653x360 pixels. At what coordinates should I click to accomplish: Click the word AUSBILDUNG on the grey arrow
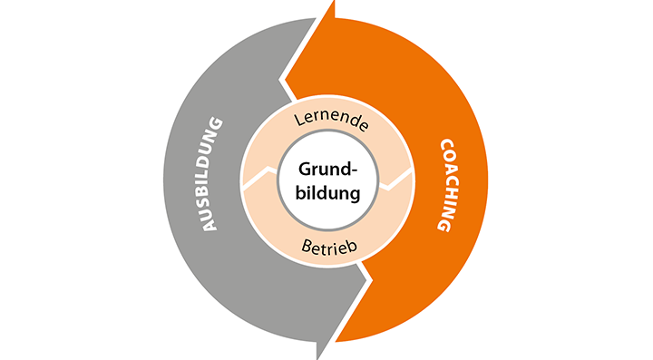pyautogui.click(x=212, y=174)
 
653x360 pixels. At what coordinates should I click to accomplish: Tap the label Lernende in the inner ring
pyautogui.click(x=332, y=121)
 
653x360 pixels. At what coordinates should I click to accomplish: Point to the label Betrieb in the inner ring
pyautogui.click(x=329, y=247)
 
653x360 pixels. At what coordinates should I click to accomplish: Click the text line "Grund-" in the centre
pyautogui.click(x=327, y=170)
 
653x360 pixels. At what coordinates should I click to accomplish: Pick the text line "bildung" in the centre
pyautogui.click(x=327, y=193)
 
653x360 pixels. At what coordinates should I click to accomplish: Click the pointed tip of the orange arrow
pyautogui.click(x=334, y=2)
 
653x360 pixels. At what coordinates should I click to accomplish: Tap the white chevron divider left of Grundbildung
pyautogui.click(x=260, y=177)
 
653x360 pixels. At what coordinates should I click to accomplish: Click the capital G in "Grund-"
pyautogui.click(x=305, y=170)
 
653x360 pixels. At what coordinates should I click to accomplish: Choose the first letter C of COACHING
pyautogui.click(x=447, y=146)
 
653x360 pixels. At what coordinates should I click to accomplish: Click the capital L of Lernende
pyautogui.click(x=298, y=120)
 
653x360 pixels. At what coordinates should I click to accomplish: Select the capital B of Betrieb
pyautogui.click(x=307, y=245)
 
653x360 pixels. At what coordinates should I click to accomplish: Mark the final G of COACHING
pyautogui.click(x=444, y=225)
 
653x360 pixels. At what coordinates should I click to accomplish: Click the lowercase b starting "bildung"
pyautogui.click(x=301, y=192)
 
